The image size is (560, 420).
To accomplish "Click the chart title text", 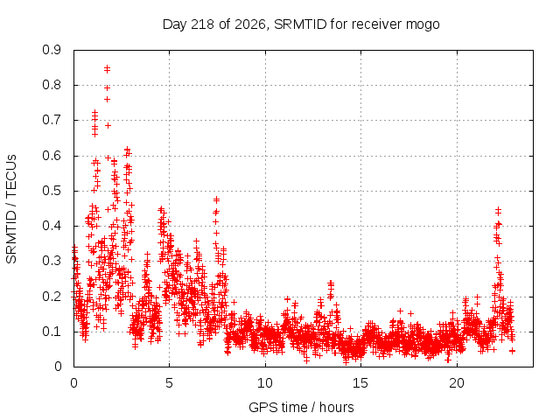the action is (x=301, y=24).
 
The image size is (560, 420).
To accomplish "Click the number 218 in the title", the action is (x=202, y=24).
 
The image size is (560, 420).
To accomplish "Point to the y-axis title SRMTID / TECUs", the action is (x=11, y=209).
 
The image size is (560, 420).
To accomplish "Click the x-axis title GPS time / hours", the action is (x=301, y=407).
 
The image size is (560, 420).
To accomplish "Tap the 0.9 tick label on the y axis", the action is (x=52, y=50).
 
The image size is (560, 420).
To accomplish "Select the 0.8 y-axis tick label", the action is (x=52, y=85).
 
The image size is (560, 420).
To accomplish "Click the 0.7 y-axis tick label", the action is (x=52, y=120).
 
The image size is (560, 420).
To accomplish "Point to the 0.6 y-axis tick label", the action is (x=52, y=156).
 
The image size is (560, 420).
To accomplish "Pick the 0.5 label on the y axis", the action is (x=52, y=191).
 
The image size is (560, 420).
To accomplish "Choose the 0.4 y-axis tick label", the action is (x=52, y=226).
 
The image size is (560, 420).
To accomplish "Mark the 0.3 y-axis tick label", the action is (x=52, y=261).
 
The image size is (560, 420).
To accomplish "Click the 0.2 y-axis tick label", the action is (x=52, y=297).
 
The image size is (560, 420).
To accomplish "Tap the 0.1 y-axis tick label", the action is (x=52, y=332).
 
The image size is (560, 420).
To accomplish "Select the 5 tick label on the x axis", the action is (x=169, y=383).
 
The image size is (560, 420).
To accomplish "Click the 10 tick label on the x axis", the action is (x=265, y=383).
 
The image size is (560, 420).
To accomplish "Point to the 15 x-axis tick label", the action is (x=360, y=383).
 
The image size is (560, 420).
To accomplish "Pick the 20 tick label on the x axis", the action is (x=457, y=383).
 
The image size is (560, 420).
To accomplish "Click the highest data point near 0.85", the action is (x=107, y=67).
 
